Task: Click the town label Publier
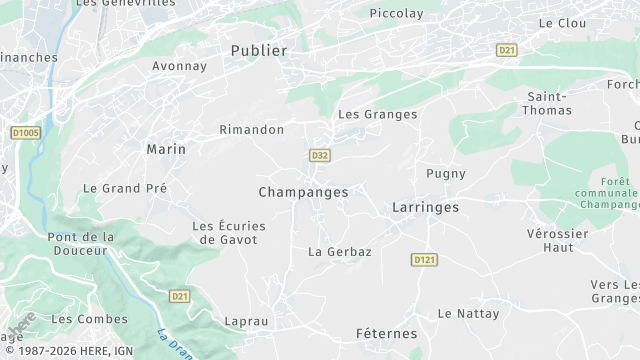click(x=258, y=50)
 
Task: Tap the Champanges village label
click(x=303, y=192)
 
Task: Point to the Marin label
click(x=166, y=149)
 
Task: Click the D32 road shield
click(x=320, y=156)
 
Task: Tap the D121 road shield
click(x=424, y=260)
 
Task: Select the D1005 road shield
click(x=25, y=132)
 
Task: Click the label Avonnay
click(x=179, y=67)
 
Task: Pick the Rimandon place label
click(x=252, y=130)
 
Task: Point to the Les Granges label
click(x=377, y=115)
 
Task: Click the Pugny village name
click(x=446, y=174)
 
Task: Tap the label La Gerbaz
click(x=339, y=252)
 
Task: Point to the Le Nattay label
click(x=468, y=314)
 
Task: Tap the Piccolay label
click(x=396, y=14)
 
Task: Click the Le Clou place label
click(x=561, y=23)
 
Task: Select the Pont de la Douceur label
click(x=81, y=243)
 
